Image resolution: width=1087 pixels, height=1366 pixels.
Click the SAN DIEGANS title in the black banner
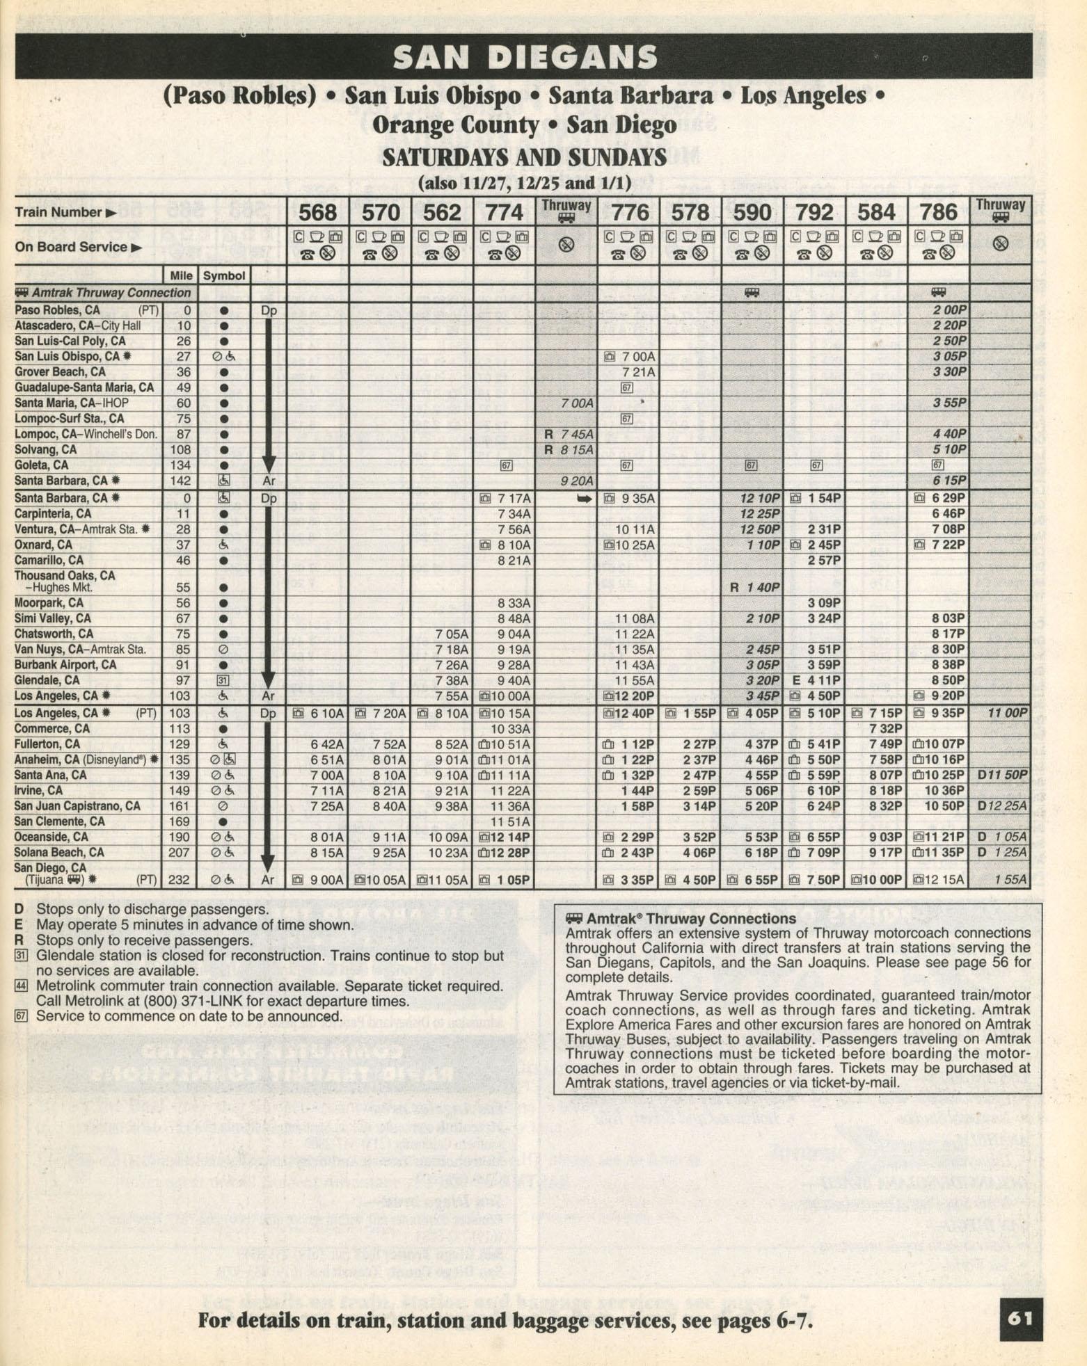525,57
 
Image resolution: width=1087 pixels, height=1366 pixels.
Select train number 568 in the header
317,211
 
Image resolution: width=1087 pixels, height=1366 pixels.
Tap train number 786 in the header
938,211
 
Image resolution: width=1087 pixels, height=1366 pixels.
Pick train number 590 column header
752,211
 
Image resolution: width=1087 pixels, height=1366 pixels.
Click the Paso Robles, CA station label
58,310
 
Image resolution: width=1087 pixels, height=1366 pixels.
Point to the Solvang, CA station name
46,450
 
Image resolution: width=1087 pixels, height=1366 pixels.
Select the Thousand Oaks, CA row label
65,576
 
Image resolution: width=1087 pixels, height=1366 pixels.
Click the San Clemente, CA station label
60,821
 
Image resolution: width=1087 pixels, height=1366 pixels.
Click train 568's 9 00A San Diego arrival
326,880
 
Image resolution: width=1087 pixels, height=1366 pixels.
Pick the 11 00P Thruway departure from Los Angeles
1007,713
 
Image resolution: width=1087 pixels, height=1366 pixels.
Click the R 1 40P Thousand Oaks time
754,587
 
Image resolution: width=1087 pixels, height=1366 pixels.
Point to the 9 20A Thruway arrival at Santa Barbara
577,481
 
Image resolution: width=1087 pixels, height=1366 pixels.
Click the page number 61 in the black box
1020,1319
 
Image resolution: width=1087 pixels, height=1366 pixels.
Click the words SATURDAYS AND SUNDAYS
524,158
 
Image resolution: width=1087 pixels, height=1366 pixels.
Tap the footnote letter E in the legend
19,925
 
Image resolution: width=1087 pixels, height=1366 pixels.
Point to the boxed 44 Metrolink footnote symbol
21,986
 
